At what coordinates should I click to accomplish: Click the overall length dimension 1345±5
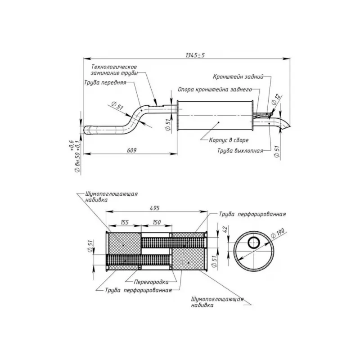[x=195, y=55]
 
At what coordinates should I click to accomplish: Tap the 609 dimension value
[x=131, y=150]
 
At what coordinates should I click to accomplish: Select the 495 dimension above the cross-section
[x=154, y=208]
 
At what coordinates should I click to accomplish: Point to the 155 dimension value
[x=125, y=222]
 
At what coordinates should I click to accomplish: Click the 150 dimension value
[x=157, y=222]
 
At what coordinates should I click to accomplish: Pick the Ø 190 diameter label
[x=278, y=233]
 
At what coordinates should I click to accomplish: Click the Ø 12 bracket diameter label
[x=276, y=99]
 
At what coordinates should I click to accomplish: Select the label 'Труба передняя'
[x=105, y=82]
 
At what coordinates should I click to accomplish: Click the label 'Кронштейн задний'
[x=238, y=76]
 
